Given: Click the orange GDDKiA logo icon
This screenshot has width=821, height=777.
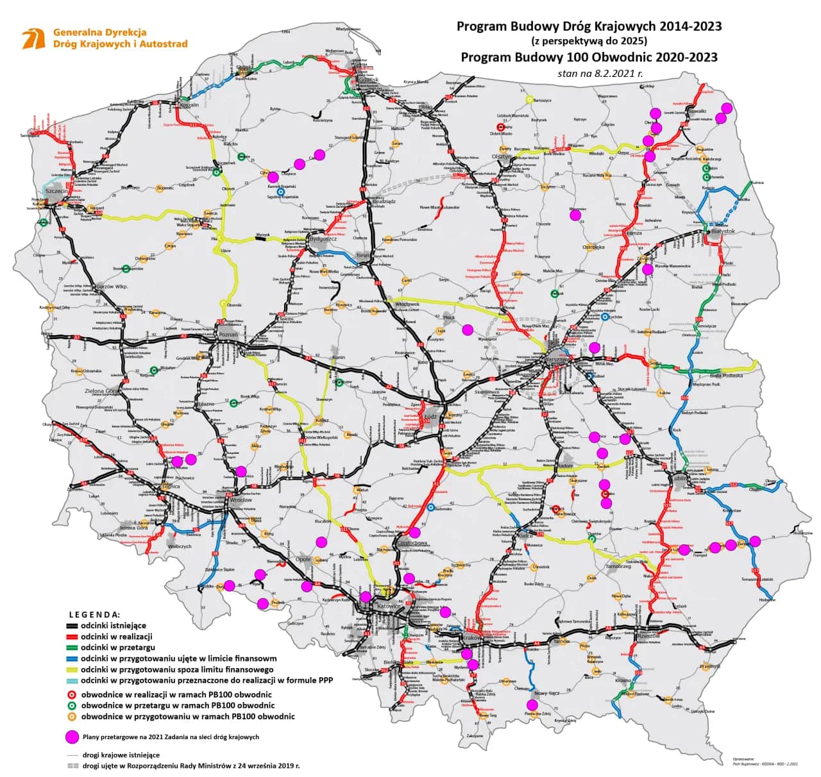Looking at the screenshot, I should [x=34, y=38].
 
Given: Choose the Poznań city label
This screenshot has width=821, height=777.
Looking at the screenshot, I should [x=228, y=335].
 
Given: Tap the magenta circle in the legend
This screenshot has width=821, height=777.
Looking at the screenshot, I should [x=70, y=737].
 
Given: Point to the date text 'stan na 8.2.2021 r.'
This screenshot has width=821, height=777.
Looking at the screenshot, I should [x=600, y=74].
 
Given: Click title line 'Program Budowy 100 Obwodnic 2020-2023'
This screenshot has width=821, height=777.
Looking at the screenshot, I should [x=589, y=57].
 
